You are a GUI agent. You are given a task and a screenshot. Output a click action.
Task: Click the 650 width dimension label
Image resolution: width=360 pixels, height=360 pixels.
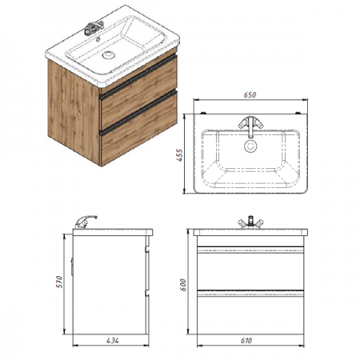click(250, 95)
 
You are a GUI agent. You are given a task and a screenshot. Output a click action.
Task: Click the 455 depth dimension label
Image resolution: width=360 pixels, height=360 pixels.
click(180, 155)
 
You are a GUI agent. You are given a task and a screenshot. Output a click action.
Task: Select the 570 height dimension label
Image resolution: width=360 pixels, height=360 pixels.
click(59, 282)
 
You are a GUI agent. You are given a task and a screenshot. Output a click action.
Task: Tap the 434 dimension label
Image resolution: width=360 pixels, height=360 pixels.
click(113, 341)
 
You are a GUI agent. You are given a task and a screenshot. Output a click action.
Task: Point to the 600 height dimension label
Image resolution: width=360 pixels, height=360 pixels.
click(183, 285)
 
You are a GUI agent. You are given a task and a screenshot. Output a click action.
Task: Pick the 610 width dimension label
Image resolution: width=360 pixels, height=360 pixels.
click(246, 341)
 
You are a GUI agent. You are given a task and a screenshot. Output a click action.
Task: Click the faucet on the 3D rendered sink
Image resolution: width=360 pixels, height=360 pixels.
click(94, 28)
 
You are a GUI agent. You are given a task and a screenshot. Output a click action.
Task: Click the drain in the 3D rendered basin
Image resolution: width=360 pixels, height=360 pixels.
click(108, 55)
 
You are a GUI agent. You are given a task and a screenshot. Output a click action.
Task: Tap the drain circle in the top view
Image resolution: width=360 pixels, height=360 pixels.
click(250, 146)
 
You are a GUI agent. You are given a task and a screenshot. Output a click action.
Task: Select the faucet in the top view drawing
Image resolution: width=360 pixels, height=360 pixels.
click(250, 126)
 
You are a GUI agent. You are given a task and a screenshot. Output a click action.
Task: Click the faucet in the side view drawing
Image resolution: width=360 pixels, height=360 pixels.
click(85, 222)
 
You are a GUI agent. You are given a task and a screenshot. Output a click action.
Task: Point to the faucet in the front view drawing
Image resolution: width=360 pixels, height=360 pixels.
click(250, 223)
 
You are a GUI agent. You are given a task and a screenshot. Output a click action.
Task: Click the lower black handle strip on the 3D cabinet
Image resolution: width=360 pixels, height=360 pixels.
click(138, 111)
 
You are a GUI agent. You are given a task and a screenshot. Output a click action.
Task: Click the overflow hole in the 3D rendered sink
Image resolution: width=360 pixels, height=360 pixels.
click(98, 40)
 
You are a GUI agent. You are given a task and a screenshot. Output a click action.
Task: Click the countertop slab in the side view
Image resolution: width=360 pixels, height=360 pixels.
click(113, 232)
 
